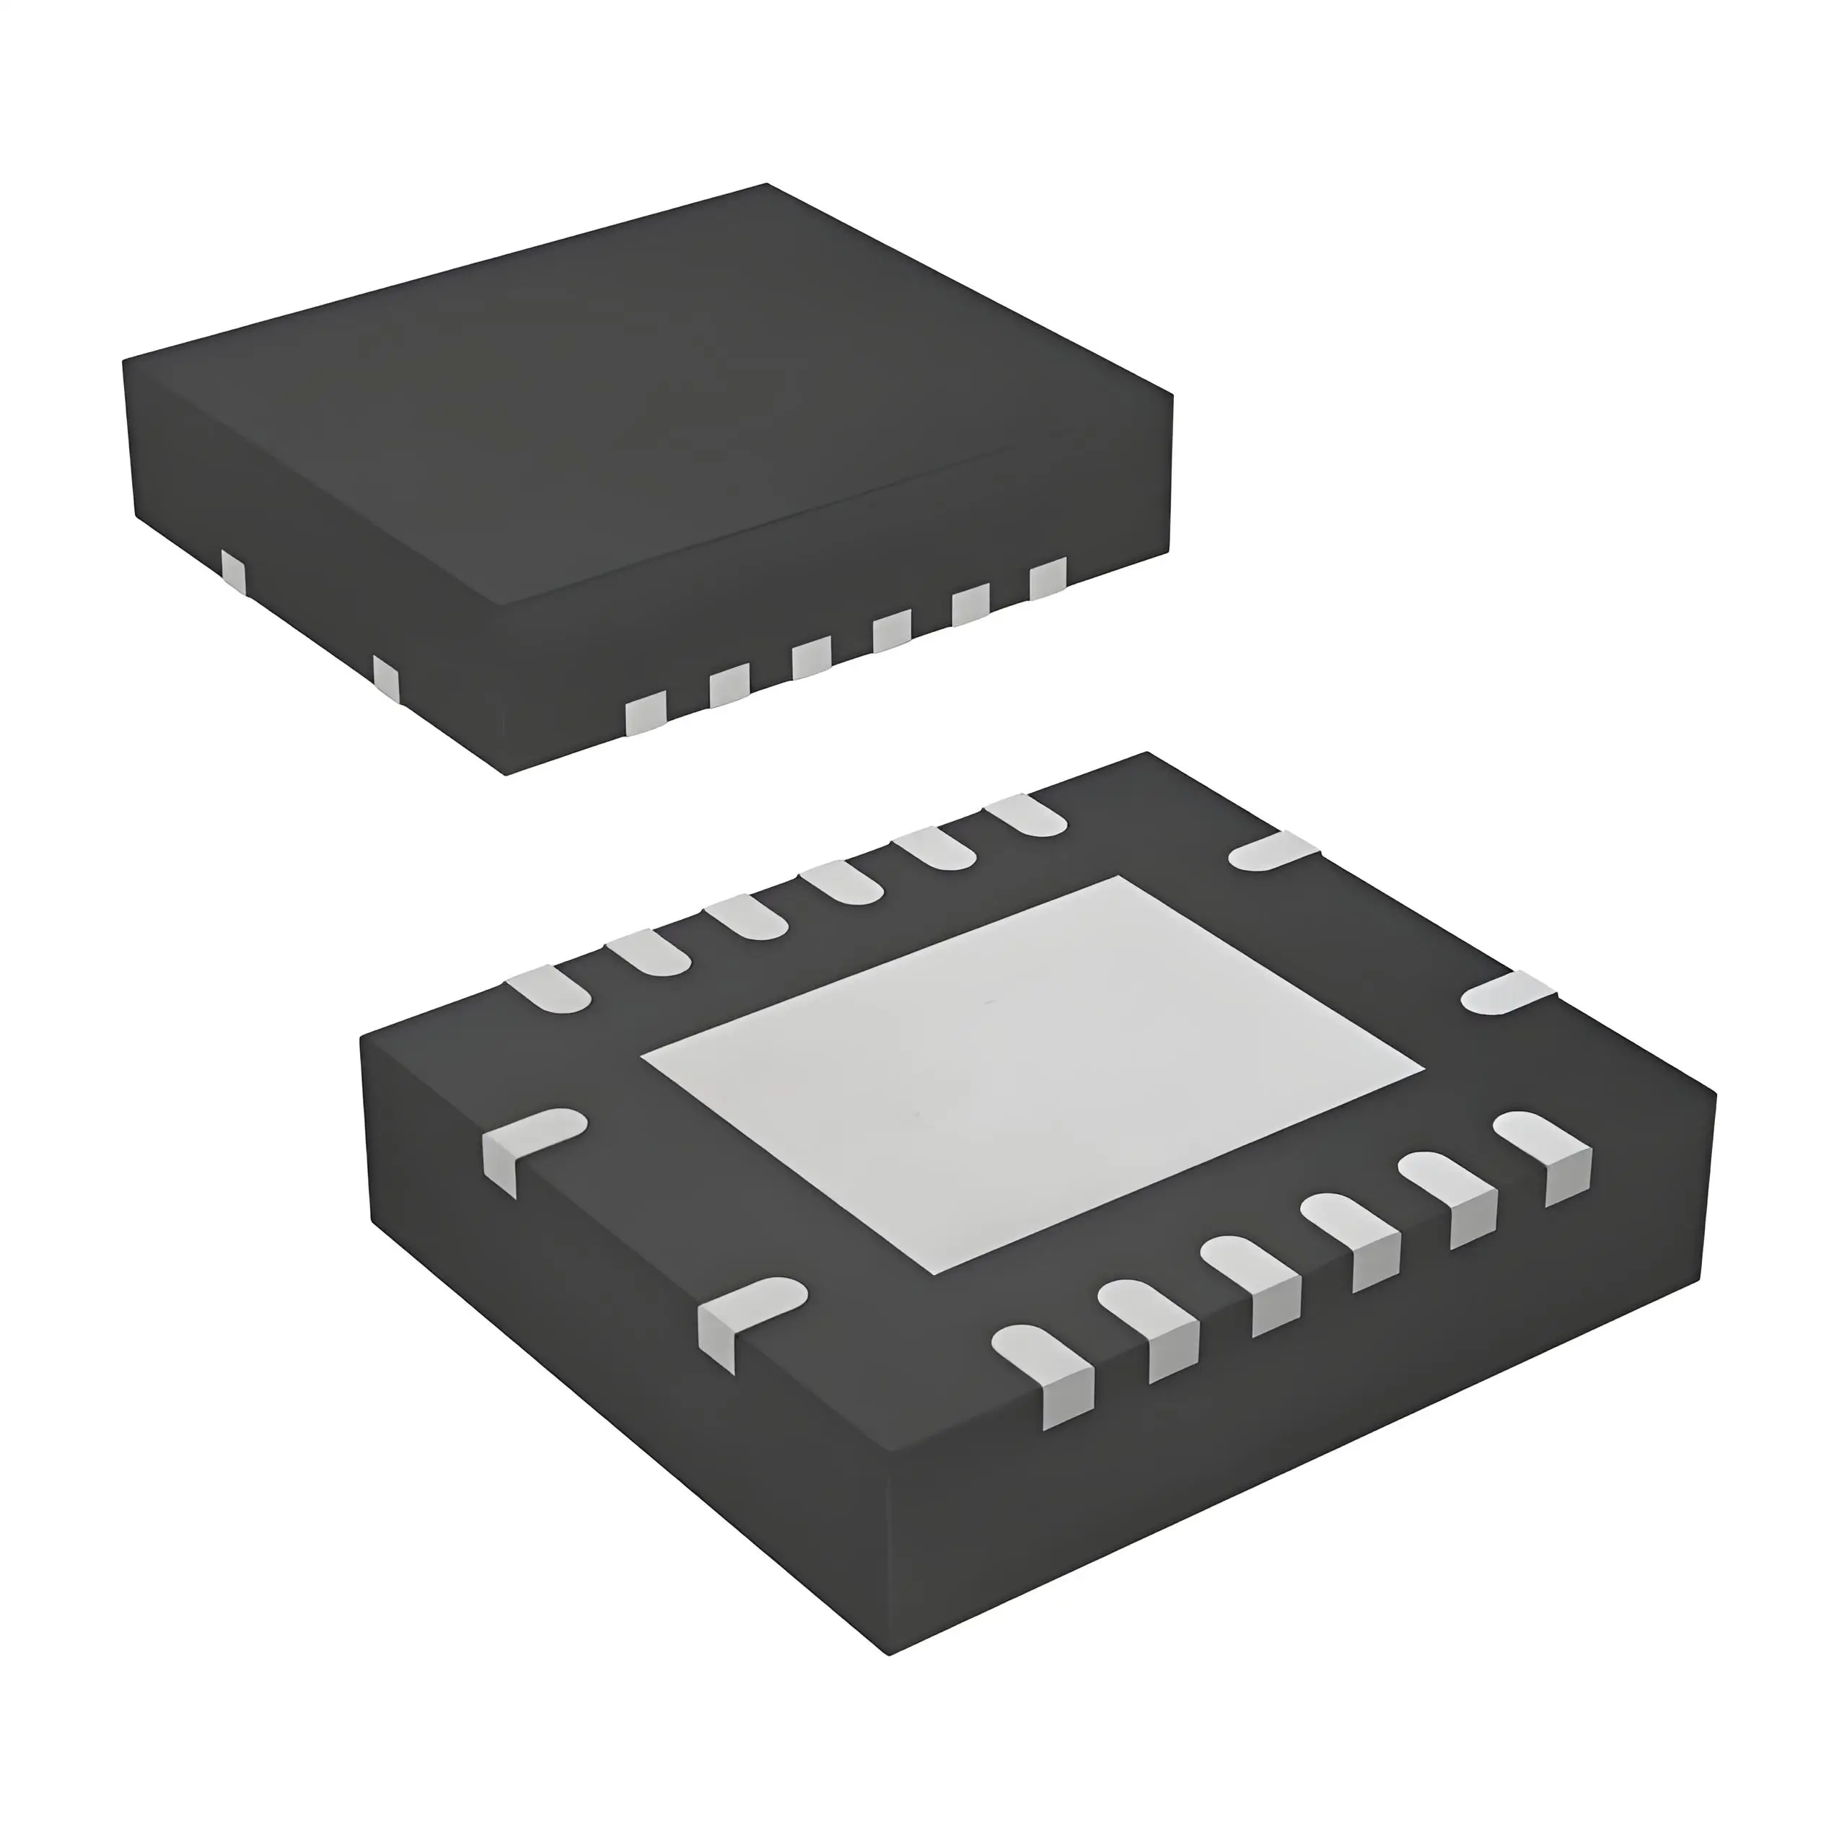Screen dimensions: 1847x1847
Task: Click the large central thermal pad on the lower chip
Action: [x=1032, y=1076]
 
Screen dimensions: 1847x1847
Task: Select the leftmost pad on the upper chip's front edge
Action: [x=644, y=715]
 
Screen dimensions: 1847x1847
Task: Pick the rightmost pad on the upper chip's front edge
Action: [x=1047, y=579]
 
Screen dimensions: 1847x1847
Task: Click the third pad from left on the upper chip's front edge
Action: [x=811, y=659]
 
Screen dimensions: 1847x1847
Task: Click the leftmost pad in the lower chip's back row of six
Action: [x=548, y=988]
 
